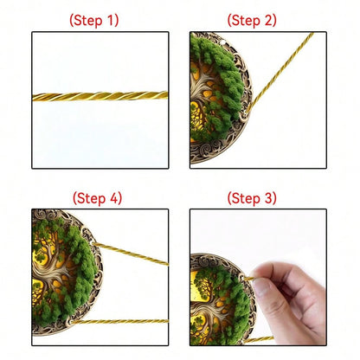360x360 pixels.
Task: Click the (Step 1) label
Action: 94,20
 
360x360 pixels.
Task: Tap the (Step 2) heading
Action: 252,20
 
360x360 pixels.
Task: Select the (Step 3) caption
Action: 252,198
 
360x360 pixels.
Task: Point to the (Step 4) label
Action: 97,198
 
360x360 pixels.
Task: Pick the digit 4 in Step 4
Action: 113,198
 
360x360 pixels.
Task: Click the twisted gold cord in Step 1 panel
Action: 100,96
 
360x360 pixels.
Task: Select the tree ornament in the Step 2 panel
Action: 221,98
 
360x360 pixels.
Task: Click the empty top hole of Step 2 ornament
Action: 222,44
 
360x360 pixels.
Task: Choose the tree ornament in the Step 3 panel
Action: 222,299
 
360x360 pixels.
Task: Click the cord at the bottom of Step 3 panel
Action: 259,339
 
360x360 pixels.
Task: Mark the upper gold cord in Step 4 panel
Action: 131,254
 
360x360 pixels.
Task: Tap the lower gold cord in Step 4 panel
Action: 119,321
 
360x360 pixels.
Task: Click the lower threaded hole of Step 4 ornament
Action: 69,322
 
